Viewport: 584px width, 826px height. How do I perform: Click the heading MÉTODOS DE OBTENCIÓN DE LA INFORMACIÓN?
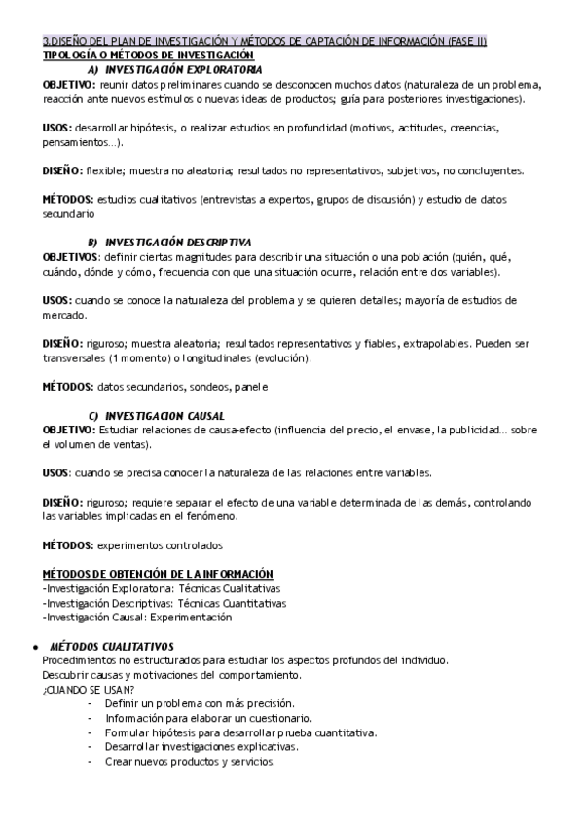tap(158, 575)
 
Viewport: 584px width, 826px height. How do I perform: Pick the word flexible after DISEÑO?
tap(104, 170)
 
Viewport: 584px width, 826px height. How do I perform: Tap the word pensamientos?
tap(76, 142)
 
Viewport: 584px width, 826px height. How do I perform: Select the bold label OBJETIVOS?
tap(71, 255)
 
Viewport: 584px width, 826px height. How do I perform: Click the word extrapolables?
tap(436, 343)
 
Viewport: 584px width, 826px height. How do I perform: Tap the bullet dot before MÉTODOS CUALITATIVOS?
tap(35, 646)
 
